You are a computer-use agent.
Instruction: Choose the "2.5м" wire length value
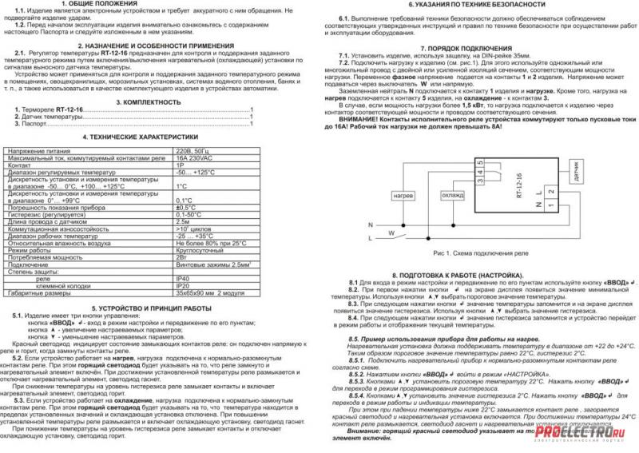183,222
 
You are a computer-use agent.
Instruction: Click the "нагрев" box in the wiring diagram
403,195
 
